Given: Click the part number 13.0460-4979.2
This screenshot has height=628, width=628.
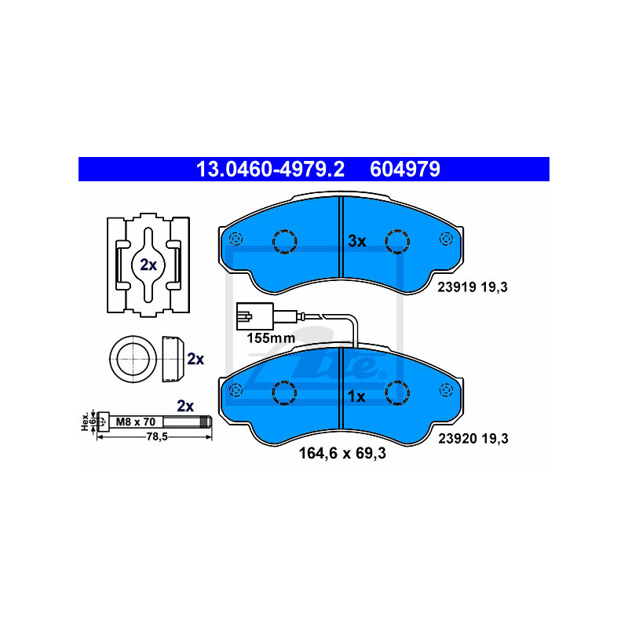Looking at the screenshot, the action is (270, 169).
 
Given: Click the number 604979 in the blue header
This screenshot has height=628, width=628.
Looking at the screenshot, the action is (405, 169).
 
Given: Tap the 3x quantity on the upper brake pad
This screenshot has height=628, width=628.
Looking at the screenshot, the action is (357, 241).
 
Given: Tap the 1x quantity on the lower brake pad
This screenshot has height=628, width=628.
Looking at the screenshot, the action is (356, 396).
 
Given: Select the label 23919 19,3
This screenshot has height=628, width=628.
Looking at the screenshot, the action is (473, 287).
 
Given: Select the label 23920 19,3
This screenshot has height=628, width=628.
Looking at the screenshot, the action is (473, 439).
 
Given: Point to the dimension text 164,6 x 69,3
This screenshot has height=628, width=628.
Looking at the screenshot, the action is (342, 454).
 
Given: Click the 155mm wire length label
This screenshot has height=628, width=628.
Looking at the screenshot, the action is (271, 338).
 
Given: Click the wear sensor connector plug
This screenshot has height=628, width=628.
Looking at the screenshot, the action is (254, 316).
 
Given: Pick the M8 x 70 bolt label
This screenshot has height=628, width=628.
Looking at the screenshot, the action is (135, 422).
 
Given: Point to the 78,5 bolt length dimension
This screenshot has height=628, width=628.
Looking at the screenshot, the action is (157, 437).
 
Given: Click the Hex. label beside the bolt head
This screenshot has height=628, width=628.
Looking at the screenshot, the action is (85, 422).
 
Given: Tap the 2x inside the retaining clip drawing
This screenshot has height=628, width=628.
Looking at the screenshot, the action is (148, 265).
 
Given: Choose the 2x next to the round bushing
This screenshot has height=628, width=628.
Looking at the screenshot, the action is (195, 359).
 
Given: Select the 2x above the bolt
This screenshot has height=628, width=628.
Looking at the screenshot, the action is (185, 406).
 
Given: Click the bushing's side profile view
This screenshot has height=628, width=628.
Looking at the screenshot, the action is (173, 359).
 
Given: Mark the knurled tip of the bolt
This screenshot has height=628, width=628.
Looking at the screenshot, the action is (206, 422).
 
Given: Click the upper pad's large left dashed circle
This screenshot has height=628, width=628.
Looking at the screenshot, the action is (284, 242).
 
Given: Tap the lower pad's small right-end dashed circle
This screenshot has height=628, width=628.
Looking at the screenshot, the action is (446, 390).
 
